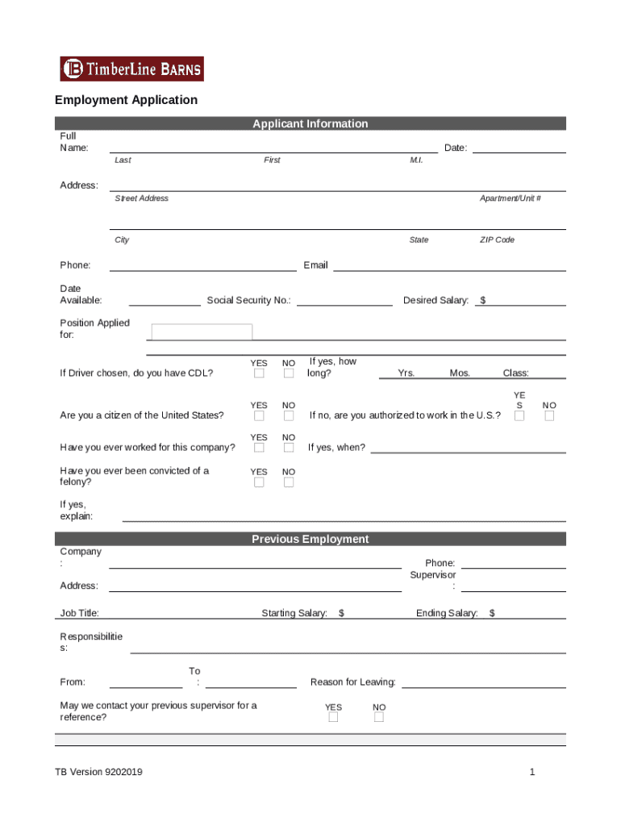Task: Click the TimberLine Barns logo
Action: tap(131, 69)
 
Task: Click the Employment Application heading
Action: tap(126, 100)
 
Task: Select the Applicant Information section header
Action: tap(310, 123)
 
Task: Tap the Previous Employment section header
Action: tap(310, 539)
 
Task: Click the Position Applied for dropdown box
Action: tap(202, 332)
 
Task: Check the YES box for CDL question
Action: tap(259, 373)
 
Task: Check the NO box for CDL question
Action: tap(289, 373)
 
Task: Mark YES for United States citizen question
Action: tap(259, 416)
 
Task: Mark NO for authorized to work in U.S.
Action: tap(549, 416)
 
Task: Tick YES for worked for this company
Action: tap(259, 448)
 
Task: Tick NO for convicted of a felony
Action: tap(289, 482)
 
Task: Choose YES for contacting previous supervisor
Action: tap(333, 718)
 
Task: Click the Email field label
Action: tap(315, 265)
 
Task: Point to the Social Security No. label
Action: tap(249, 301)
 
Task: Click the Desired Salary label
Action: tap(436, 301)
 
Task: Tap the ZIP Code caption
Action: tap(497, 240)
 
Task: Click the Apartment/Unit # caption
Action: tap(510, 198)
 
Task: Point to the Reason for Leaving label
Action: tap(352, 682)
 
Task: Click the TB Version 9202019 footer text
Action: tap(98, 773)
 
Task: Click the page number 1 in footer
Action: tap(532, 773)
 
